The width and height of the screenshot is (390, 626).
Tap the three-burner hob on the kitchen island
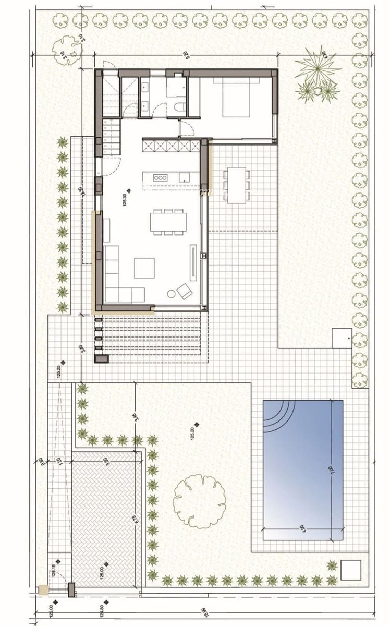point(160,178)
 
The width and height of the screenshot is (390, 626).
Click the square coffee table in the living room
point(144,268)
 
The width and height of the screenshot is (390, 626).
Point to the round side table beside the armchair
point(171,294)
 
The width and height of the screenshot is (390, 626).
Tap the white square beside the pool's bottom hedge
point(350,569)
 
